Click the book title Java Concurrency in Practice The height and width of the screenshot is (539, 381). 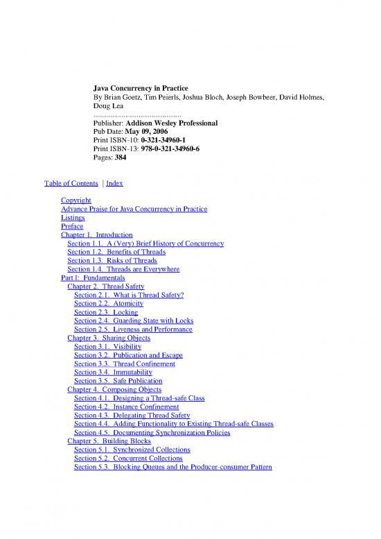point(142,89)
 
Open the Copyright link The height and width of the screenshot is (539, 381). point(76,200)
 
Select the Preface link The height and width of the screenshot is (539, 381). point(72,226)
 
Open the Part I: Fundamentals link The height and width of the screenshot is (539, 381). point(94,277)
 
